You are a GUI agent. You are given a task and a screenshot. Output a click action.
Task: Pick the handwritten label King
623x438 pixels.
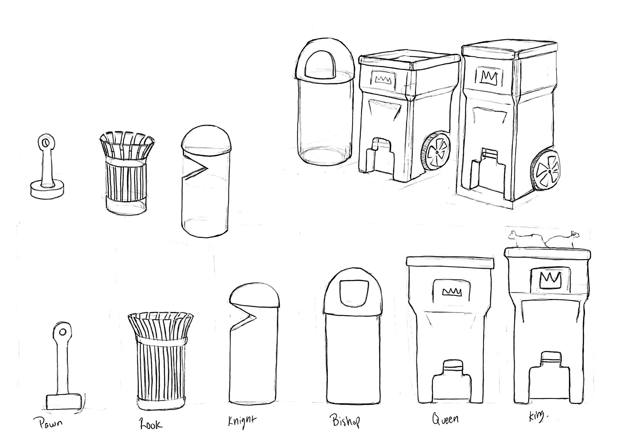click(537, 417)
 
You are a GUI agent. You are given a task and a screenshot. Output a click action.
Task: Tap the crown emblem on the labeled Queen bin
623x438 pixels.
click(452, 292)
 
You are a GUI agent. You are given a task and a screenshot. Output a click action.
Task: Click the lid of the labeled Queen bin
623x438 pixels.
click(450, 263)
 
